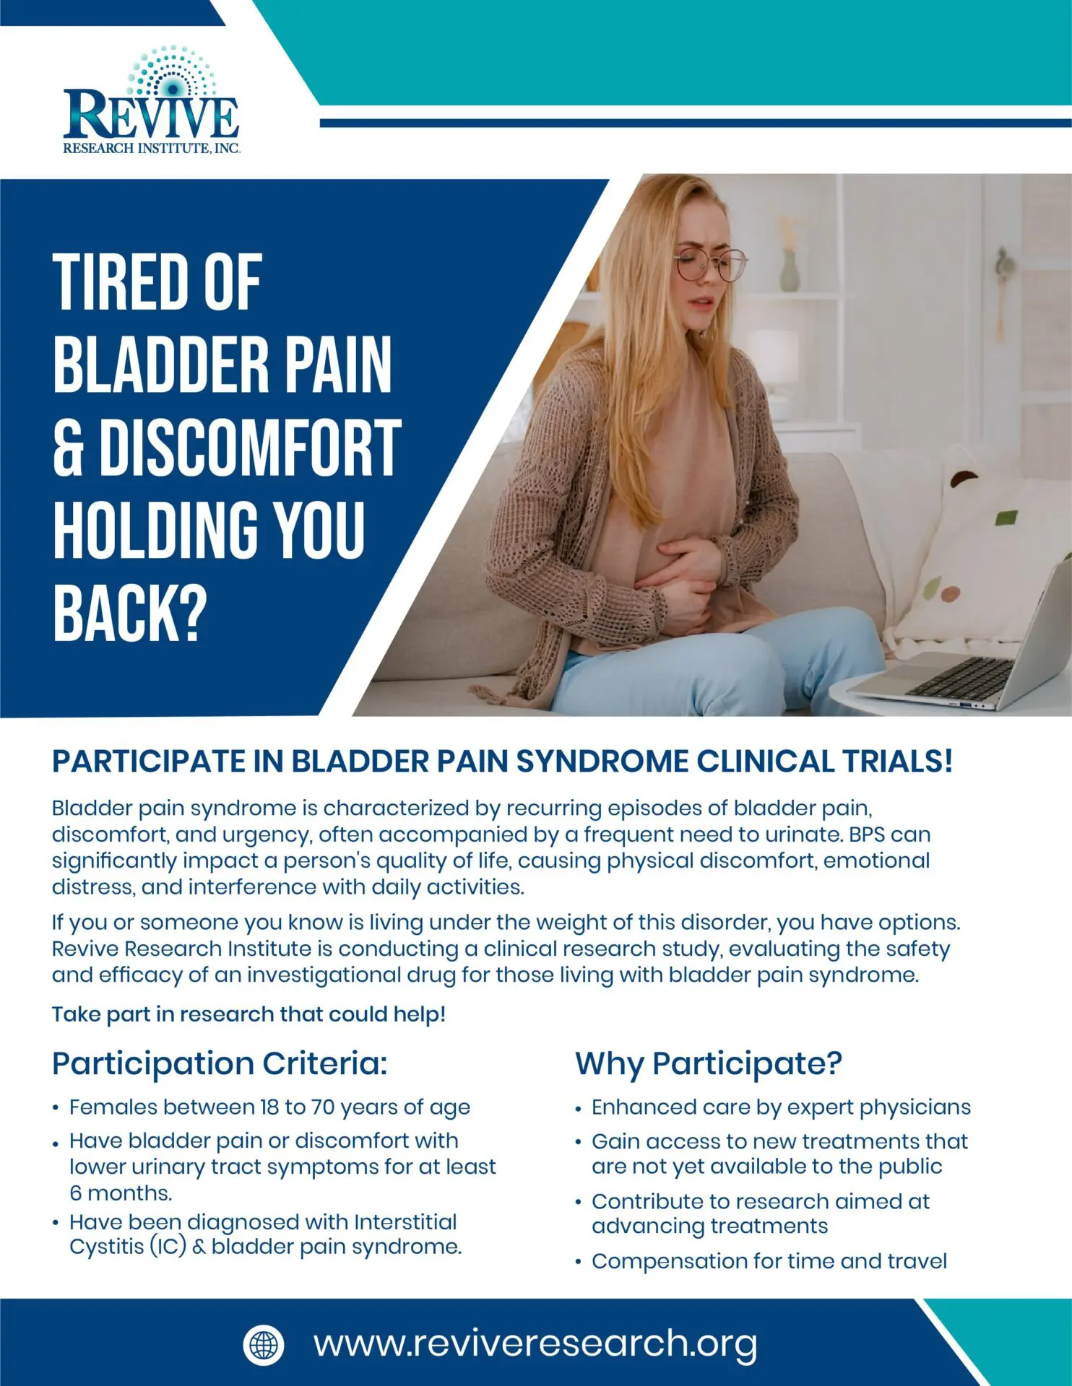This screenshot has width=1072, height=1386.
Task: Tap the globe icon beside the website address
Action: coord(263,1344)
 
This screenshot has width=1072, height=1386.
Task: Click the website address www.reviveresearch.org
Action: coord(535,1343)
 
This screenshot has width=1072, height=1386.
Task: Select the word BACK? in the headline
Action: coord(130,612)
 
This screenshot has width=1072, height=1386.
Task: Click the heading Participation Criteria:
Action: coord(220,1063)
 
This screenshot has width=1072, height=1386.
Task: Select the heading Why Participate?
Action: coord(709,1063)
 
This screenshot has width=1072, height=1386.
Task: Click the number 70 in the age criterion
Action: coord(323,1107)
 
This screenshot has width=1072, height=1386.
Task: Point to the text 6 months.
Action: coord(121,1193)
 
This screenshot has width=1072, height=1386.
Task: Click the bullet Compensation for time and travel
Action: coord(769,1261)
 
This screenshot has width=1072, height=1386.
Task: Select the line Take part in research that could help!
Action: coord(248,1014)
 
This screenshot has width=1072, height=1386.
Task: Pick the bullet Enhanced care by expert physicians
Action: coord(781,1107)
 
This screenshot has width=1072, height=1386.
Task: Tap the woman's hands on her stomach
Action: coord(686,577)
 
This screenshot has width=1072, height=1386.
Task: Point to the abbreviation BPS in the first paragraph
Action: coord(867,834)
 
